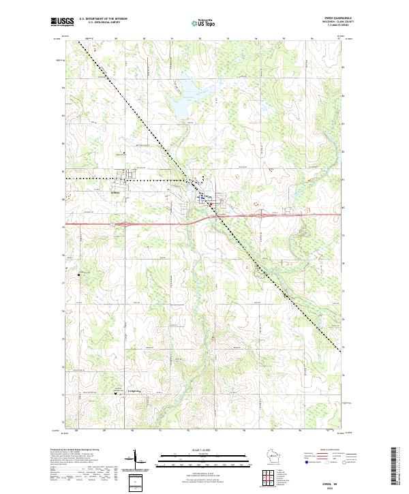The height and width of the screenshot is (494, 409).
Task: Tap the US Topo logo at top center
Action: [204, 22]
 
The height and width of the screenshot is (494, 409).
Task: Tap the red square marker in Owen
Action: [211, 204]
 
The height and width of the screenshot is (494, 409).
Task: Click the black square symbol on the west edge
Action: [80, 275]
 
